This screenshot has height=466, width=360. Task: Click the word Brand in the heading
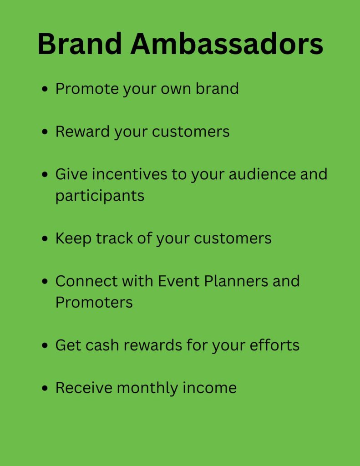[x=80, y=44]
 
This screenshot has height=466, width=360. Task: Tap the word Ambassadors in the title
[x=227, y=44]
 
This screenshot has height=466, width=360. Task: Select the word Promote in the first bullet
[x=87, y=89]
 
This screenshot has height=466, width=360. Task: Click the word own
[x=176, y=89]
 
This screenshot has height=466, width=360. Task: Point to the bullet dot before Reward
[x=45, y=132]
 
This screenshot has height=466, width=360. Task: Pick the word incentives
[x=129, y=174]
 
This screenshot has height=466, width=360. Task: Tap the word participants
[x=100, y=196]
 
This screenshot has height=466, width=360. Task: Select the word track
[x=114, y=238]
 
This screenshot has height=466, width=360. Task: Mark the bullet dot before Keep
[x=45, y=238]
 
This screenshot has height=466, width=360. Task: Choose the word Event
[x=179, y=281]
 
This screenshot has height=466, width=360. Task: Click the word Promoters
[x=94, y=303]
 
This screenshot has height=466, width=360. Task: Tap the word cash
[x=102, y=345]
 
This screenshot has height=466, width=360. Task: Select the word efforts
[x=274, y=345]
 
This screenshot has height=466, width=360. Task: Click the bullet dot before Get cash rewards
[x=45, y=345]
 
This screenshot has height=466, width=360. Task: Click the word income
[x=209, y=388]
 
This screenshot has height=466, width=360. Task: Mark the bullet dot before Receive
[x=45, y=388]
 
